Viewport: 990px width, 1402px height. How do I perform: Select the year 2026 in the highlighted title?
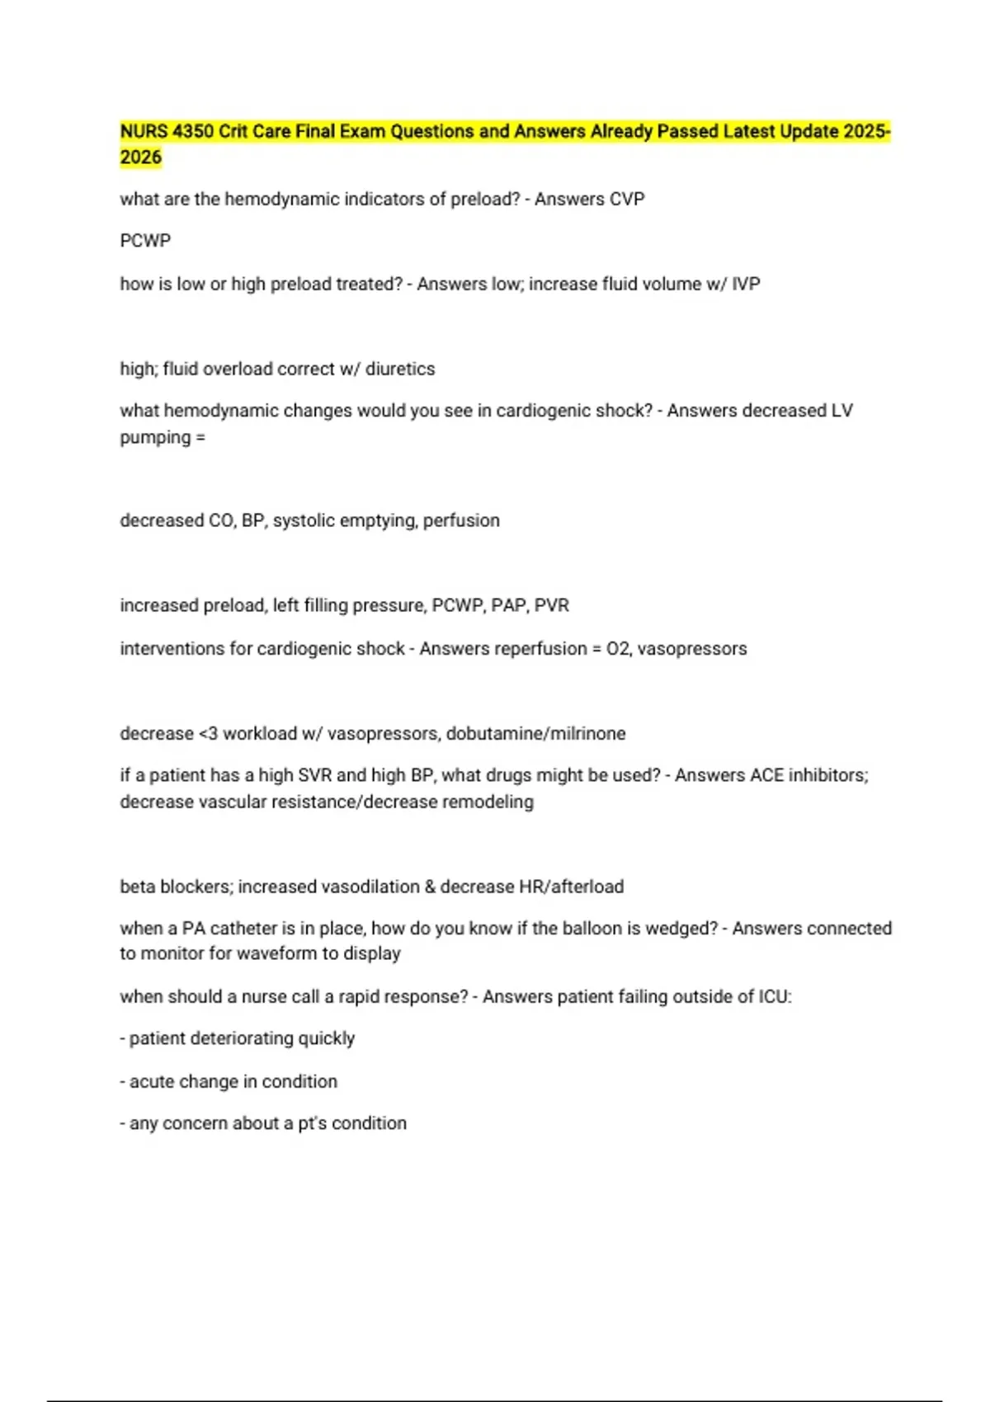click(x=140, y=158)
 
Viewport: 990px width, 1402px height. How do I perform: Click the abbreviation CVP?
click(x=627, y=199)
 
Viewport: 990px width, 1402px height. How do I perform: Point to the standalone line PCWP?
click(x=145, y=241)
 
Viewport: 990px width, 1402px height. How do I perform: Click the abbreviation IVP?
click(x=746, y=284)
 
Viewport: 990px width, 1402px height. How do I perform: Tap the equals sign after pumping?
click(x=200, y=438)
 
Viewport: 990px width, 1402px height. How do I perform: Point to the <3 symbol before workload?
click(x=209, y=734)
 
